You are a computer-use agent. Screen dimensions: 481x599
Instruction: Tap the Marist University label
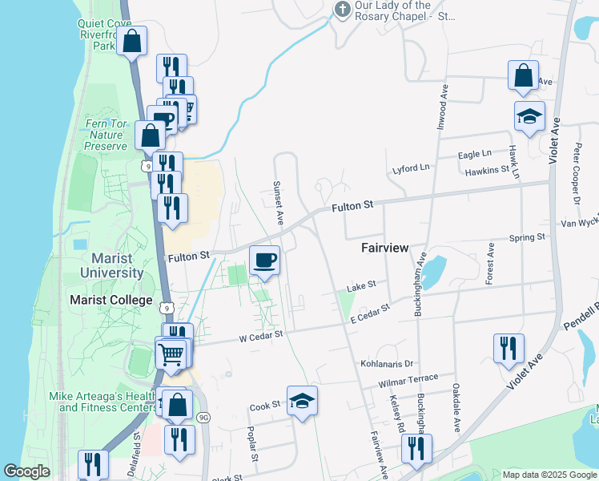pos(112,265)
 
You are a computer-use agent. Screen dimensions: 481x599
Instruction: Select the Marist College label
pos(111,300)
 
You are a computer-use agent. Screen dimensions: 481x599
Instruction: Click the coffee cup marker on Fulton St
pos(264,260)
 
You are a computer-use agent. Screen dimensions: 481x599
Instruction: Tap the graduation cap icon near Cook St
pos(302,400)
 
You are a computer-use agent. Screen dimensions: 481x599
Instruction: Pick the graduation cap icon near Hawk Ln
pos(529,116)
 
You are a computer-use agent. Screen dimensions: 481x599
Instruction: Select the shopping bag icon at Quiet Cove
pos(132,40)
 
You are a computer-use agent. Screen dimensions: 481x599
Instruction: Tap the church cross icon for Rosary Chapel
pos(342,10)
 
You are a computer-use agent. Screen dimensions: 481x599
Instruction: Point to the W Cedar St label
pos(262,338)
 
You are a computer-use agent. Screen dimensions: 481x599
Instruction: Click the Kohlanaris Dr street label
pos(386,364)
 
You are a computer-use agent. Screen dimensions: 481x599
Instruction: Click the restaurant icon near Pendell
pos(509,348)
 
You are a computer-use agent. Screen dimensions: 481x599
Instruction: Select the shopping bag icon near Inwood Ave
pos(522,76)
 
